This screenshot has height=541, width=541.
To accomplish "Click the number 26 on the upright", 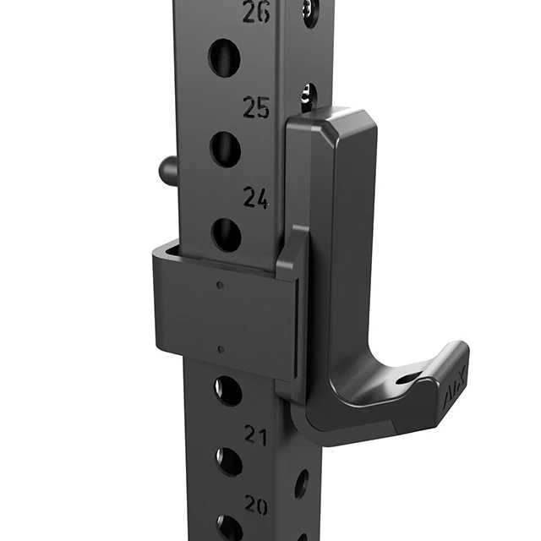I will (255, 12).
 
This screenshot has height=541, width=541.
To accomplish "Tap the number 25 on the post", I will (256, 107).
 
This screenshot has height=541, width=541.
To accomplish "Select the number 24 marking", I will (256, 198).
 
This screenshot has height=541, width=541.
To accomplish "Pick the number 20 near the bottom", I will (256, 505).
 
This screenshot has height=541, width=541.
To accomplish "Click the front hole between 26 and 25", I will (224, 57).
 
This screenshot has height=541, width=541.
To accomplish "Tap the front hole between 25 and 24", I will (225, 149).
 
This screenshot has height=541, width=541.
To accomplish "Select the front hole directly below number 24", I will (226, 235).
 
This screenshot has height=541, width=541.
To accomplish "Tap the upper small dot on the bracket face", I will (220, 285).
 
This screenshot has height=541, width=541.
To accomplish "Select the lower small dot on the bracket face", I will (221, 348).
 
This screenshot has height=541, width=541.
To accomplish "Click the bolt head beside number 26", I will (310, 11).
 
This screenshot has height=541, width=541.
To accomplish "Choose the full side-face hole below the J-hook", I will (302, 483).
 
